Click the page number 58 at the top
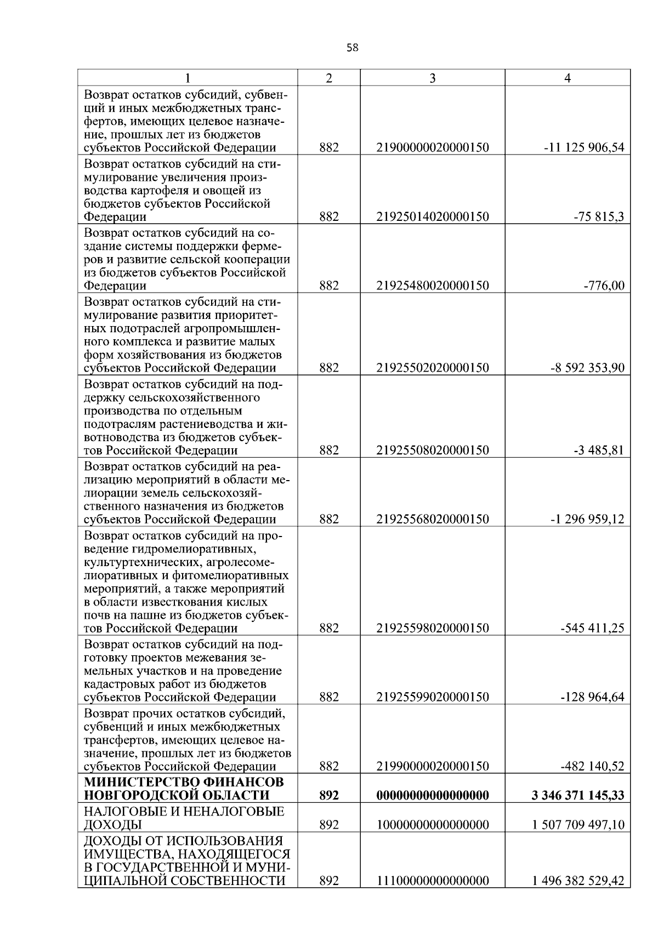(x=353, y=48)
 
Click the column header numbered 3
(x=432, y=78)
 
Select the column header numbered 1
(x=188, y=78)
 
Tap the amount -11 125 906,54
(x=583, y=148)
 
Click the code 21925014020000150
(x=432, y=217)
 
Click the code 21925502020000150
(x=432, y=368)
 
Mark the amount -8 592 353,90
(x=587, y=368)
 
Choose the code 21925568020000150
(x=432, y=519)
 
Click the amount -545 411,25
(x=592, y=628)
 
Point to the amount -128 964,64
(x=592, y=697)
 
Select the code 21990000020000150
(x=432, y=766)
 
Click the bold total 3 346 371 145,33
(x=577, y=795)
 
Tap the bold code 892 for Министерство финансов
(x=329, y=795)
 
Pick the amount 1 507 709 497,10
(x=578, y=825)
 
